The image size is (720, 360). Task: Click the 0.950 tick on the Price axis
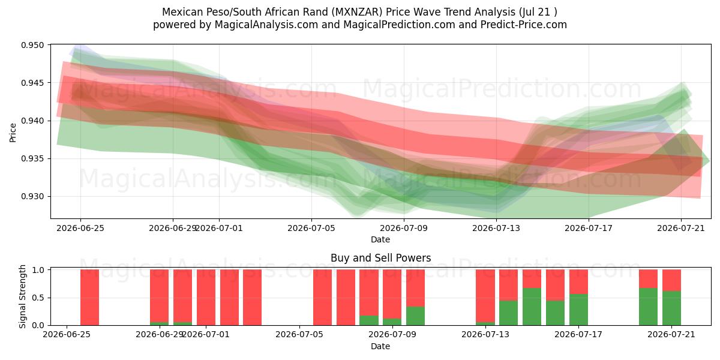32,45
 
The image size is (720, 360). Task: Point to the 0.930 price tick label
32,196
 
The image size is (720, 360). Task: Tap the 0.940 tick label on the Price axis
32,121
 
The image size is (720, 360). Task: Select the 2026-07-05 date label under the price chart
311,228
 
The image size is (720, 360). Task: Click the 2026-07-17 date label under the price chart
589,228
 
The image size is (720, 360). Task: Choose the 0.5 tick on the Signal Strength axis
38,298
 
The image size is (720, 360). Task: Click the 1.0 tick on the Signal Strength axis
38,270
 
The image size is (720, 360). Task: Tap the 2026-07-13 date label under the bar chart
485,335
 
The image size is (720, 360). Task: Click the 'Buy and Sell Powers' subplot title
380,258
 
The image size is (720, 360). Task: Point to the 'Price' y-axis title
13,133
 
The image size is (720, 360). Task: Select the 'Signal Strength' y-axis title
22,296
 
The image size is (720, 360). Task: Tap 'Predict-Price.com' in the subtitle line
524,25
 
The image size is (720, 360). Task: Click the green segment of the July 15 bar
532,307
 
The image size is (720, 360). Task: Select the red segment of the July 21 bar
671,280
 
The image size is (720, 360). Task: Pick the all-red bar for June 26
89,298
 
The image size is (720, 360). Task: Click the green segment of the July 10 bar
415,316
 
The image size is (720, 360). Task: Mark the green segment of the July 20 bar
648,307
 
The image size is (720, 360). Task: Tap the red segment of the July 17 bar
578,281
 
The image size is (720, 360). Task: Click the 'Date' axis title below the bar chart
380,346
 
